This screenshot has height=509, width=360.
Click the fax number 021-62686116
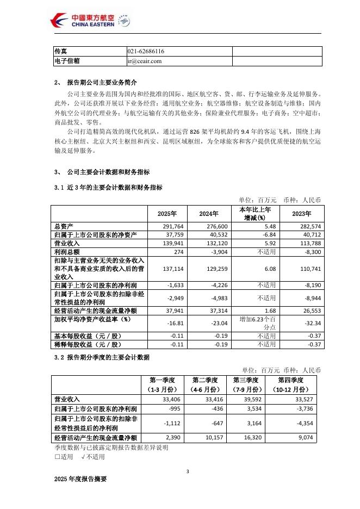[146, 51]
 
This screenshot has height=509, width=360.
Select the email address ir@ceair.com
[145, 61]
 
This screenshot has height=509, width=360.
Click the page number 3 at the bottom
[187, 471]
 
